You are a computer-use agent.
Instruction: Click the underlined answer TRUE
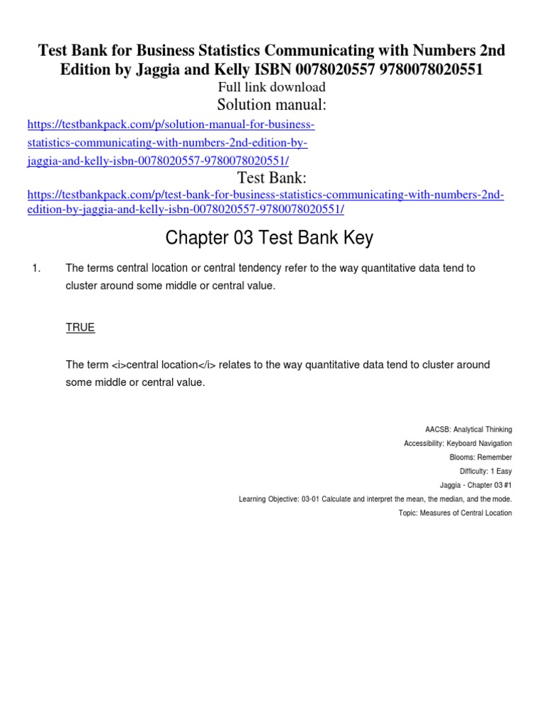tap(80, 328)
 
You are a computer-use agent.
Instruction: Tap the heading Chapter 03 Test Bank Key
tap(269, 239)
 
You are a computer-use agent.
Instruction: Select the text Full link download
tap(272, 87)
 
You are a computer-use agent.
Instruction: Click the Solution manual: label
tap(272, 105)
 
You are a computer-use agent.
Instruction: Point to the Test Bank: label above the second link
tap(272, 177)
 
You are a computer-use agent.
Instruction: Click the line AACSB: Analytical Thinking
tap(468, 430)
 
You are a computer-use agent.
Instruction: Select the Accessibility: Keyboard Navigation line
tap(458, 444)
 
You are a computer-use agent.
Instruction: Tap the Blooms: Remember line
tap(480, 457)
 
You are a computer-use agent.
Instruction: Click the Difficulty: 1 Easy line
tap(485, 472)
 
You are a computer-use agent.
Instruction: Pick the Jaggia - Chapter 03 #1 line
tap(475, 485)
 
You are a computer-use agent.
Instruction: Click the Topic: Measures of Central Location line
tap(455, 513)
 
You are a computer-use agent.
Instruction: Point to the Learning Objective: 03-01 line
tap(375, 499)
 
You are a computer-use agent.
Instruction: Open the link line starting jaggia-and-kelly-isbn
tap(158, 160)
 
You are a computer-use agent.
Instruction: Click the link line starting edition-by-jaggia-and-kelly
tap(186, 210)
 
